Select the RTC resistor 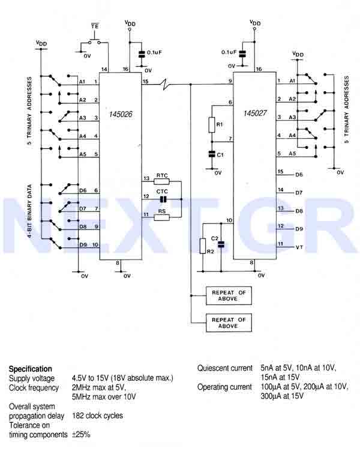pos(161,183)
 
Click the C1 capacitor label pos(220,154)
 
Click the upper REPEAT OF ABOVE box pos(229,295)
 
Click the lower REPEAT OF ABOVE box pos(229,323)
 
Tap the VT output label pos(300,247)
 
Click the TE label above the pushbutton pos(95,26)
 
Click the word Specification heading pos(31,369)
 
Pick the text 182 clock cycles pos(97,416)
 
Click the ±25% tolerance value pos(81,434)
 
